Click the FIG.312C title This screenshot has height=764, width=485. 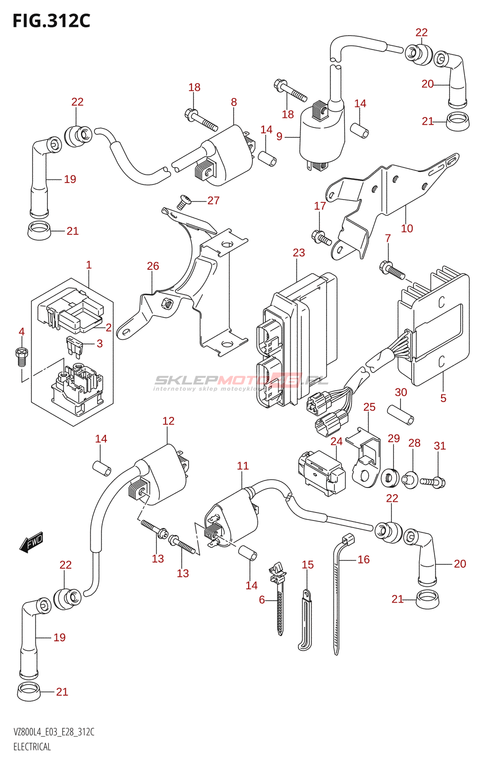51,21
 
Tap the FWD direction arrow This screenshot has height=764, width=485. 32,543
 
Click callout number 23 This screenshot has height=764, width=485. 299,253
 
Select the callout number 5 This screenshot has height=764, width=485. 443,398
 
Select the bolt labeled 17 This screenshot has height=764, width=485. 321,237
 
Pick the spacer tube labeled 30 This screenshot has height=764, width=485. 400,414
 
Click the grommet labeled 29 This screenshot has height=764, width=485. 390,477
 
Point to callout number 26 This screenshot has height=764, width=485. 153,266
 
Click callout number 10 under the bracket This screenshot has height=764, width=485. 407,229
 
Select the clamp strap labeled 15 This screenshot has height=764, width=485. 305,621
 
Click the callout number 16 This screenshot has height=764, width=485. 364,560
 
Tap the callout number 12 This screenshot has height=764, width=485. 168,421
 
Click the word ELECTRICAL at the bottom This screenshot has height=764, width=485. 32,747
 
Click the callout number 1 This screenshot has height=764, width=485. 89,265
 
